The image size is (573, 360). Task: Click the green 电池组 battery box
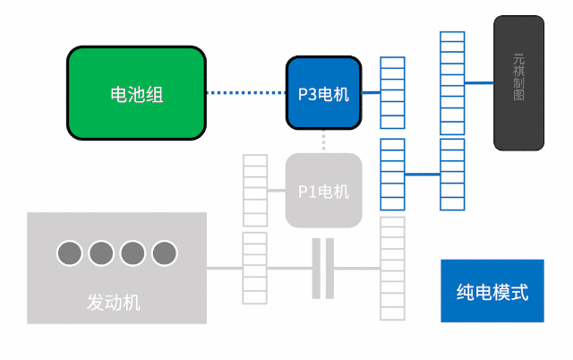click(136, 93)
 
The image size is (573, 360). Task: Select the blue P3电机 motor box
click(323, 93)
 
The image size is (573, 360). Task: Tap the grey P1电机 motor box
click(323, 191)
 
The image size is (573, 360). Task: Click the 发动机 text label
click(114, 302)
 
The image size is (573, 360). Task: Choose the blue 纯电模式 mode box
click(492, 291)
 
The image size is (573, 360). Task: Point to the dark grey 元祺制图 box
click(518, 82)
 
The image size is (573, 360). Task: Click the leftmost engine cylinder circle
click(70, 253)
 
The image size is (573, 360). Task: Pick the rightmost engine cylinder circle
click(164, 253)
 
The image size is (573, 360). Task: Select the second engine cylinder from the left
click(101, 253)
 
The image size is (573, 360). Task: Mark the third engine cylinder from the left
click(133, 253)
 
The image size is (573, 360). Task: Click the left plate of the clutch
click(316, 269)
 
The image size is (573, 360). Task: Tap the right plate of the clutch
click(329, 269)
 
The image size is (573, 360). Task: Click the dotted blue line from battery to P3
click(245, 92)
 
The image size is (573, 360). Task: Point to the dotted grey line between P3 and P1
click(323, 141)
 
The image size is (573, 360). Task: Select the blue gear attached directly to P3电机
click(392, 93)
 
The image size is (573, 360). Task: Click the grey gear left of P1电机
click(255, 191)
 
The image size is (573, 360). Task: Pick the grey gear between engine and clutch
click(254, 268)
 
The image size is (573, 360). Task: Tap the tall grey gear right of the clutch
click(392, 268)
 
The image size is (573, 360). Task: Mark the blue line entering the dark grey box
click(479, 82)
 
